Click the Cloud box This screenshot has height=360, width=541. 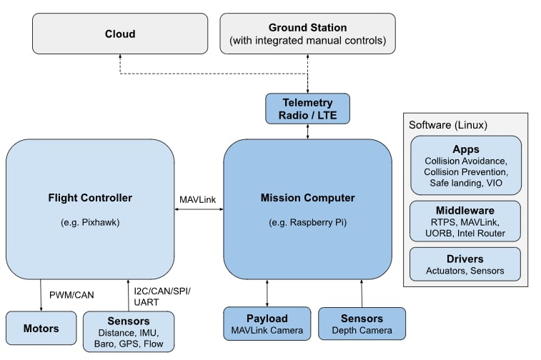119,34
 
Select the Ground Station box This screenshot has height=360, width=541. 307,34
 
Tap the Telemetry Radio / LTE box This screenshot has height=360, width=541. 307,108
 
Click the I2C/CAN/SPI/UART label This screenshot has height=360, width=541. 162,296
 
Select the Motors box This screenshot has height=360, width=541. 40,329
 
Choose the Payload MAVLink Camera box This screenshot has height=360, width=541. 267,324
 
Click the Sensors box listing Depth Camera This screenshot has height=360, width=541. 362,324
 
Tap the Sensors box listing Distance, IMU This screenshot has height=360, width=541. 129,331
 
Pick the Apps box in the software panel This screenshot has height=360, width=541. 465,166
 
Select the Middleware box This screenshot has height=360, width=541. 465,221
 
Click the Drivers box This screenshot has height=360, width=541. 465,264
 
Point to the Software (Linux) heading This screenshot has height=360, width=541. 448,125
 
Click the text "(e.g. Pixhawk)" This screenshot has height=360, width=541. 90,222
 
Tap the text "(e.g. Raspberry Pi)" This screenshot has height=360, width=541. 307,222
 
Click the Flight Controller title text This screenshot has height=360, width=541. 90,198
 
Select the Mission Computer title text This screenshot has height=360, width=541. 307,198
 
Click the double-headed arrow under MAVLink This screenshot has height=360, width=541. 199,209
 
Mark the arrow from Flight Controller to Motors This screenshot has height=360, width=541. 40,295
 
